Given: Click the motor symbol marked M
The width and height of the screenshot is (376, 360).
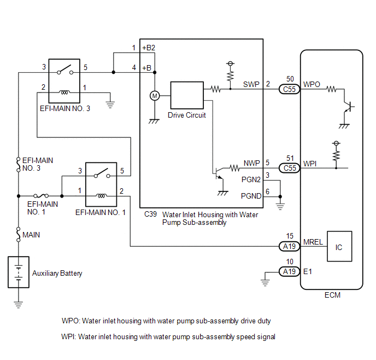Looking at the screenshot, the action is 155,96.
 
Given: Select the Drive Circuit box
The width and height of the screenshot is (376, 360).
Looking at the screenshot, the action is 187,95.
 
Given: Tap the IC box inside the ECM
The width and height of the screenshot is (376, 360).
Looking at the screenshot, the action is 339,246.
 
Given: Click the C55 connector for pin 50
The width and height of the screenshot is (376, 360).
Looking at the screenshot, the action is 290,89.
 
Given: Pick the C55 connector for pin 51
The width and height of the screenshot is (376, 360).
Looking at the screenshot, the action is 290,168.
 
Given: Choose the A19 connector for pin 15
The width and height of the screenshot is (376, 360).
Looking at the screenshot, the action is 290,246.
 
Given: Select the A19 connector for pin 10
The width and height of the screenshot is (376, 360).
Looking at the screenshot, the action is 290,271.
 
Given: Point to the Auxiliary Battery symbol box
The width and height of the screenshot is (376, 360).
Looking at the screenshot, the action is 19,272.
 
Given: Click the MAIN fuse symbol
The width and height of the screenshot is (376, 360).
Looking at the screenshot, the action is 18,234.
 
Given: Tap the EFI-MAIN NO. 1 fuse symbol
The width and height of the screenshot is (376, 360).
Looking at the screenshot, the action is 41,196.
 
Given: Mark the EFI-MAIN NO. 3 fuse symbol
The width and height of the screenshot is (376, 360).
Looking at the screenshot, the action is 18,165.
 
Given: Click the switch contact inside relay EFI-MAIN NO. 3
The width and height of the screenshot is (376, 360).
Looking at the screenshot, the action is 65,69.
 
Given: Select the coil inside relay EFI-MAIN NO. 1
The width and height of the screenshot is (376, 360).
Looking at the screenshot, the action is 101,196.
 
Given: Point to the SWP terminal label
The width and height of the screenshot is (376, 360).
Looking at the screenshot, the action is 251,84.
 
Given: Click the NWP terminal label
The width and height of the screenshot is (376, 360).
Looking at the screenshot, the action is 252,163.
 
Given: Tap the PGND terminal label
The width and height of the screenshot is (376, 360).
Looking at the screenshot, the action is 251,196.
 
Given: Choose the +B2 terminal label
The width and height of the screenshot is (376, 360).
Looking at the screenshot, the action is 149,48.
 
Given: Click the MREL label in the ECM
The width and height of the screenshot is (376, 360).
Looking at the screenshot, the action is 313,242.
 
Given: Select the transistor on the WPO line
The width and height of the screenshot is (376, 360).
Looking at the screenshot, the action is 348,107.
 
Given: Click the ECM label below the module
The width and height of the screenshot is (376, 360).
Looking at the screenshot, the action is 332,295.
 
